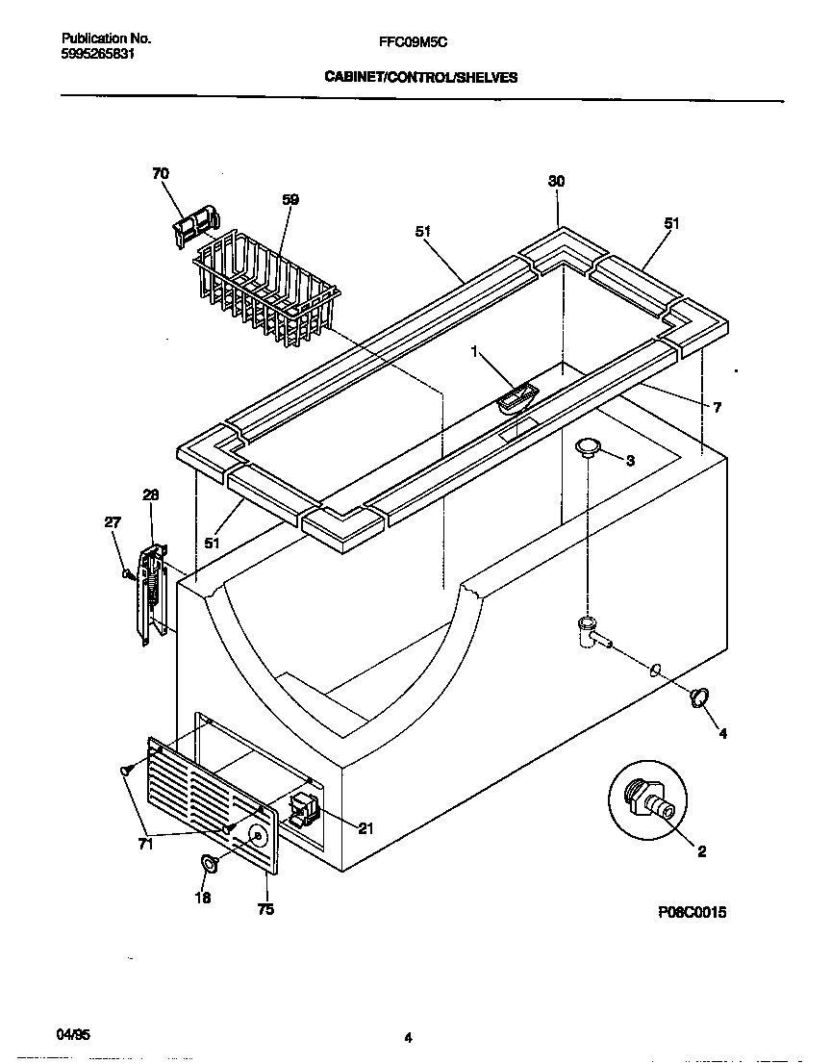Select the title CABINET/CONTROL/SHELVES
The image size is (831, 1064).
coord(421,78)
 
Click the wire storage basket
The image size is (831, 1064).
coord(267,286)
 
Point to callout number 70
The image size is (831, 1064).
coord(160,174)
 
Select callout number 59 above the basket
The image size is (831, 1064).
coord(290,200)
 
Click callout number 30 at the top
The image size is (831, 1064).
coord(556,182)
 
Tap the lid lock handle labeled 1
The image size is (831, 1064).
coord(519,396)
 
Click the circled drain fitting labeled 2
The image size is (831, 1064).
coord(650,798)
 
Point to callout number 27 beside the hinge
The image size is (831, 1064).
coord(113,522)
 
